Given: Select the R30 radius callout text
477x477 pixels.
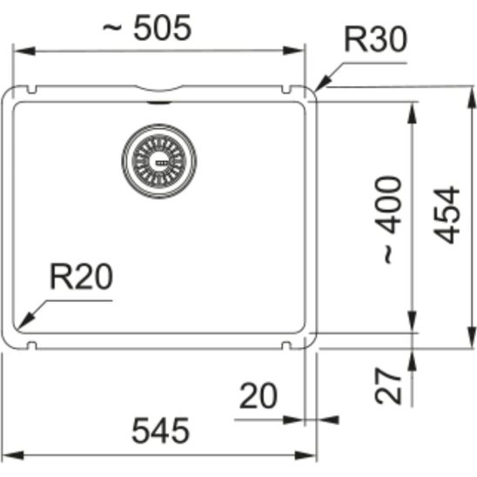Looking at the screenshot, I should click(x=375, y=41).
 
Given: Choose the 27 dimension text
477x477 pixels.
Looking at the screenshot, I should click(x=391, y=385).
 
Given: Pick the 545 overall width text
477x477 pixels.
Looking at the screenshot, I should click(x=160, y=431).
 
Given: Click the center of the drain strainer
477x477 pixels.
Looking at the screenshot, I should click(x=158, y=160).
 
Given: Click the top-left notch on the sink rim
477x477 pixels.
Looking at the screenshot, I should click(x=33, y=88).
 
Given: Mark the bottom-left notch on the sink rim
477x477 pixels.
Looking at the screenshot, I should click(x=33, y=346).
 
